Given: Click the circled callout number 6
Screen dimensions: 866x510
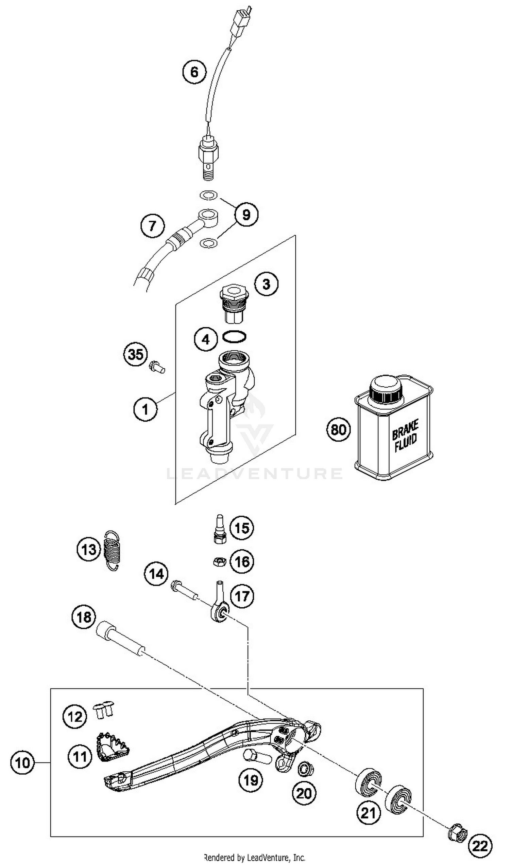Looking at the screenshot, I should [x=194, y=72].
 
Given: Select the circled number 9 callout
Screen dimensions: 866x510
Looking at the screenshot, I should [x=246, y=215].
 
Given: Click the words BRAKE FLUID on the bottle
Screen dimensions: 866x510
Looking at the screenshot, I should [x=405, y=436].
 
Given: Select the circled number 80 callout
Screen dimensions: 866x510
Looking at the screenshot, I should [x=338, y=429].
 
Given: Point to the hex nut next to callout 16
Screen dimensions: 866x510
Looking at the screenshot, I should [x=219, y=562].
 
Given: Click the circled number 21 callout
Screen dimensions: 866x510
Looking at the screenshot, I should [x=368, y=813].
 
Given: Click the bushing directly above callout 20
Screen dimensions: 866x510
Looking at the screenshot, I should [x=304, y=770].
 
